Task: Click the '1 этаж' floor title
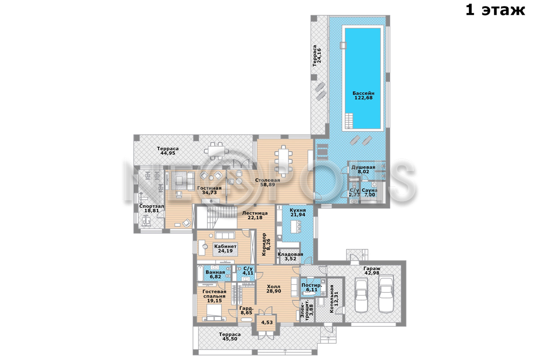coord(495,10)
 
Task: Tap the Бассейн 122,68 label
coord(363,95)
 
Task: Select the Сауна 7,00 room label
coord(369,193)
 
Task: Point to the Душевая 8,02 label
coord(363,170)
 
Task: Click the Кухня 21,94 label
coord(298,212)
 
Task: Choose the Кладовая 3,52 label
coord(290,256)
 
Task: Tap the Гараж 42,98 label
coord(372,270)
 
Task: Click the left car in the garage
coord(361,295)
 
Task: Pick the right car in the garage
coord(386,294)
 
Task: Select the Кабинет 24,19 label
coord(225,248)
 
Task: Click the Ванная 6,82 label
coord(215,274)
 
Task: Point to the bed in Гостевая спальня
coord(214,312)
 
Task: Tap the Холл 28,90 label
coord(274,289)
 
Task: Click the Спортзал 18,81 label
coord(152,208)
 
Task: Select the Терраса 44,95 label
coord(168,151)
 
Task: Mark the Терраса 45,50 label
coord(230,337)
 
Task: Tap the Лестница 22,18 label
coord(255,215)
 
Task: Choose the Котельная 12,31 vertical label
coord(334,299)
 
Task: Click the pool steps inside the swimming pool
coord(349,121)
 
